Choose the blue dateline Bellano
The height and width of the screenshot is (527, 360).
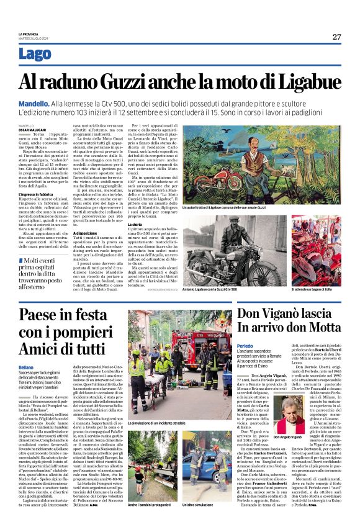tap(27, 367)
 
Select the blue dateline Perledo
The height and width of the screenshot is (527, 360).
tap(245, 345)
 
